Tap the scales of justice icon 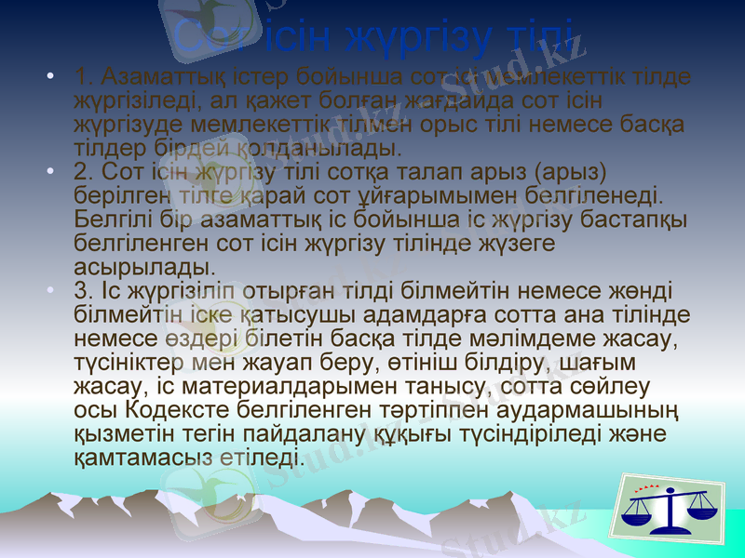point(670,509)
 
